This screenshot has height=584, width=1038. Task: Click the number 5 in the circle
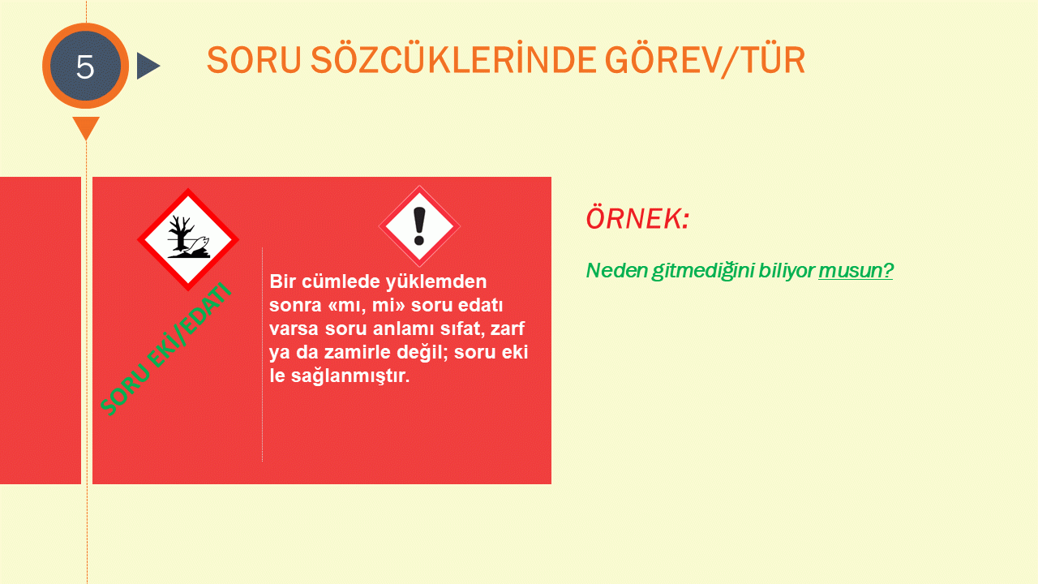click(85, 67)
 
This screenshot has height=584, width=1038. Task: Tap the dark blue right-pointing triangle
click(148, 66)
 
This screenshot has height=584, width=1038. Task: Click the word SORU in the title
click(254, 60)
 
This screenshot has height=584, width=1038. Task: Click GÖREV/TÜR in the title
click(706, 60)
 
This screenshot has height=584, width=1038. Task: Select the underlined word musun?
click(856, 271)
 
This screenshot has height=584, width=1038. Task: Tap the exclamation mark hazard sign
click(419, 226)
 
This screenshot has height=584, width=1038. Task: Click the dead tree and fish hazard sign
click(188, 239)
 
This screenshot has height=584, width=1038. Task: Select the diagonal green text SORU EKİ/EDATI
click(165, 349)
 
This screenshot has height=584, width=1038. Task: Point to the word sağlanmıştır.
click(350, 376)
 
